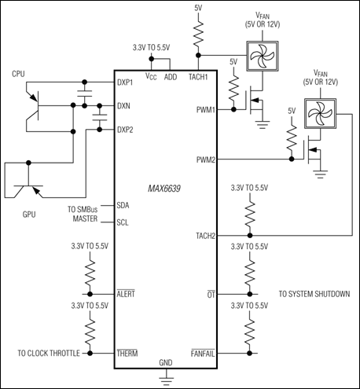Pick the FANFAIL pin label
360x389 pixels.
pyautogui.click(x=203, y=354)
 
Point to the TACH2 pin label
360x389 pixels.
pyautogui.click(x=205, y=235)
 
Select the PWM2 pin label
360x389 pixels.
pyautogui.click(x=206, y=160)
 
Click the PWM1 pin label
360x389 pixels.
pyautogui.click(x=206, y=110)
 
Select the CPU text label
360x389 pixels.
pyautogui.click(x=19, y=73)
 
